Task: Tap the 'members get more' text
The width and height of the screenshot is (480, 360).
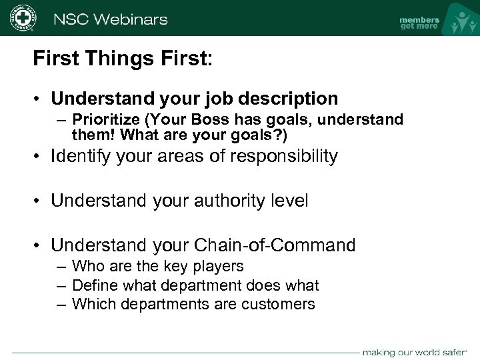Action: pos(419,23)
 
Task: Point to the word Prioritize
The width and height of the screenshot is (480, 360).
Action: pos(105,119)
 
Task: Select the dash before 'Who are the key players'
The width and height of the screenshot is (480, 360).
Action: pos(61,267)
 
